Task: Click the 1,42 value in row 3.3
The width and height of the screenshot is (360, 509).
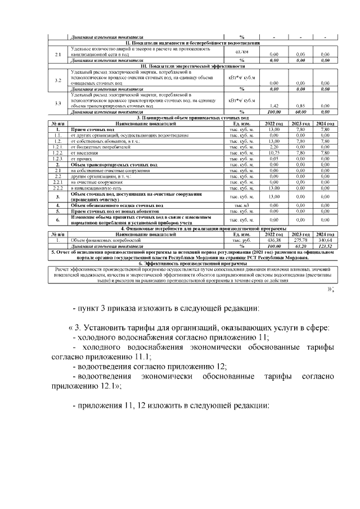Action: tap(275, 105)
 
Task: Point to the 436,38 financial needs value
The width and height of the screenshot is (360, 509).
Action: tap(274, 240)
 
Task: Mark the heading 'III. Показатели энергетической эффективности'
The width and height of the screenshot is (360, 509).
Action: tap(192, 66)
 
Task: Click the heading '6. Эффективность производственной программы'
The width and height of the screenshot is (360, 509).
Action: tap(192, 263)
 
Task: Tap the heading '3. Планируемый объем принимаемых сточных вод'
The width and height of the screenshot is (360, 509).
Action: tap(192, 118)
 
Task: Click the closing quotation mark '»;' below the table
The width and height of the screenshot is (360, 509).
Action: tap(331, 290)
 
